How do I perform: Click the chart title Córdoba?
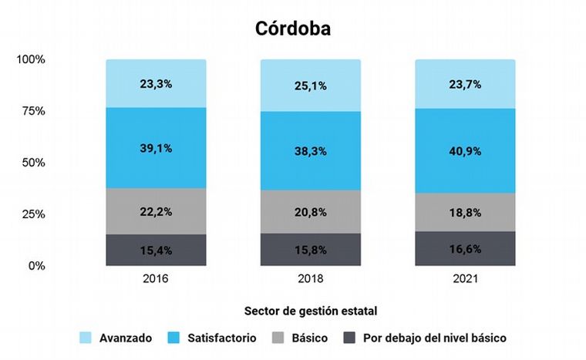point(293,29)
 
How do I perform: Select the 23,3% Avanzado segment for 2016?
point(157,83)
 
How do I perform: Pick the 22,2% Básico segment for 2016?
point(157,211)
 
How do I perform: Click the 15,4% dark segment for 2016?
point(157,250)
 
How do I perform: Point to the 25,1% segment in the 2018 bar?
point(311,86)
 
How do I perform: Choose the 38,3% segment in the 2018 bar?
point(311,151)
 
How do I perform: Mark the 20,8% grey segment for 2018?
point(311,212)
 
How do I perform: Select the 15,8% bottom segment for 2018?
point(311,250)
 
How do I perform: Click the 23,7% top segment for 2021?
point(465,84)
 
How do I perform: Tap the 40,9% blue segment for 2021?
point(465,150)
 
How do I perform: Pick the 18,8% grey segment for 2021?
point(465,212)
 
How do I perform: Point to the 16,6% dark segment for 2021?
point(465,248)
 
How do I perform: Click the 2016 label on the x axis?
point(157,279)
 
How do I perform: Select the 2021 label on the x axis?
point(465,279)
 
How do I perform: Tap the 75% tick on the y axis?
point(32,111)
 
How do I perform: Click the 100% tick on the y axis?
point(31,59)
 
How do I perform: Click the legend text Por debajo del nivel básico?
point(434,338)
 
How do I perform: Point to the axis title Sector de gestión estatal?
point(310,311)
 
